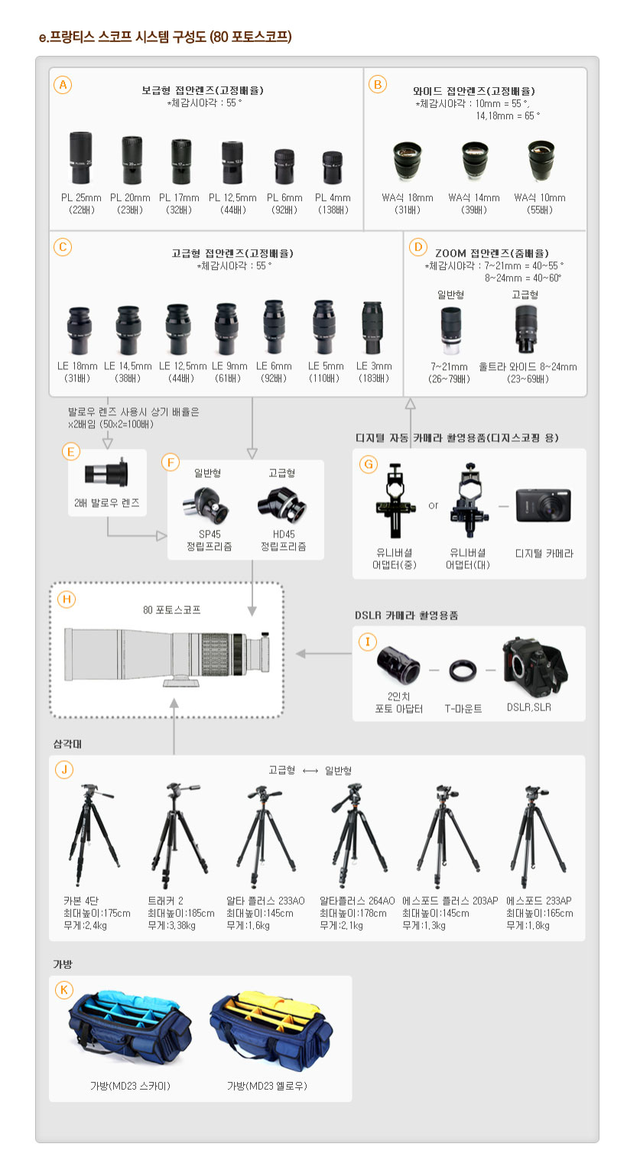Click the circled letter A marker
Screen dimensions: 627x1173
(63, 85)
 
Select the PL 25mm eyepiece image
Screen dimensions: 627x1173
(80, 158)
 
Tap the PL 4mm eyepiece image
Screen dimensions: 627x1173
(333, 167)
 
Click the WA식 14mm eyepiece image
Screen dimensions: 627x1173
(475, 160)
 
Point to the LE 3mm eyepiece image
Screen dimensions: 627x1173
(372, 328)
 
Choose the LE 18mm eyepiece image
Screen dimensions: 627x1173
(79, 330)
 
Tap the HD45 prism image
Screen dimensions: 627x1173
(282, 505)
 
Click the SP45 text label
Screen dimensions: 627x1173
(210, 535)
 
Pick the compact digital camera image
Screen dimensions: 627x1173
(543, 505)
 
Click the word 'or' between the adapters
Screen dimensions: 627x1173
(434, 505)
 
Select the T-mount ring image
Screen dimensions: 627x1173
(463, 671)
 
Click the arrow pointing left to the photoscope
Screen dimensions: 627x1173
(323, 654)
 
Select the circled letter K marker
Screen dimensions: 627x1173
(64, 989)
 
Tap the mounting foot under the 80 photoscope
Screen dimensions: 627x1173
(181, 682)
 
